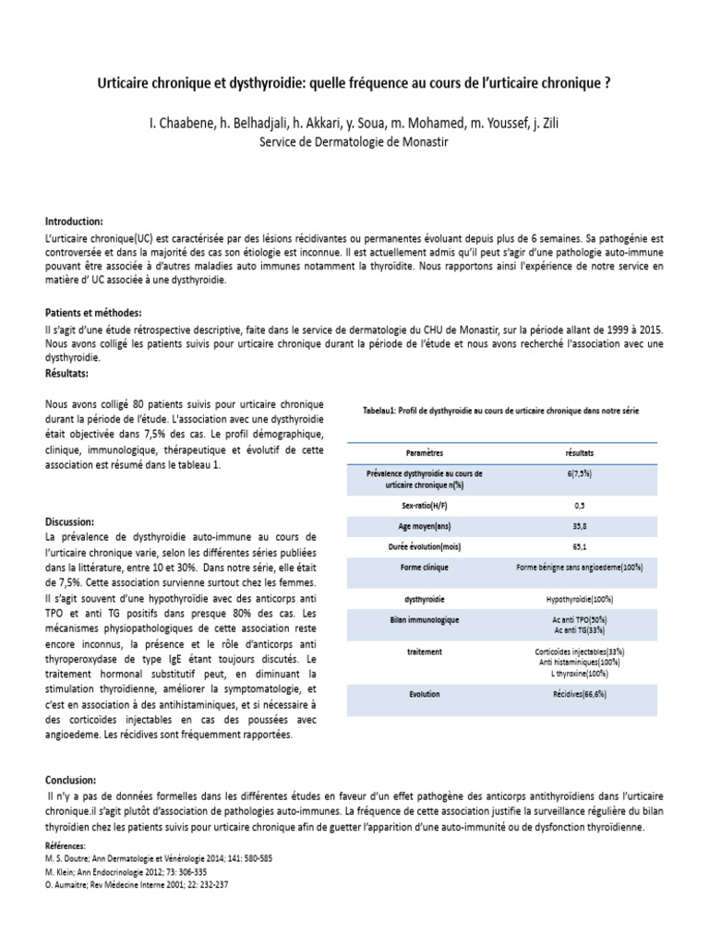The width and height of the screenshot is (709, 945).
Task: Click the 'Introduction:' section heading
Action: [75, 222]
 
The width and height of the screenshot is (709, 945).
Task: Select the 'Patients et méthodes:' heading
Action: [93, 313]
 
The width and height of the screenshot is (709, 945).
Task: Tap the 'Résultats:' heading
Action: [67, 373]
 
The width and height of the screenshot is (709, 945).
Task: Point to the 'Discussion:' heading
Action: [70, 521]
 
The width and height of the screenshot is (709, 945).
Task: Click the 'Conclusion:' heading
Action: [70, 780]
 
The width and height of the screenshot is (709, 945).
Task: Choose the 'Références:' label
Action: [66, 845]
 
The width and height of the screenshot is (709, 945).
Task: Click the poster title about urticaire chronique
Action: [354, 83]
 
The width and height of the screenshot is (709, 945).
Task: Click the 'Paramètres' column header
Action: [424, 454]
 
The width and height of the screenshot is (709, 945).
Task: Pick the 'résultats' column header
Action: [579, 454]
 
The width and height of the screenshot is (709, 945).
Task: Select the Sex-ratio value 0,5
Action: [579, 506]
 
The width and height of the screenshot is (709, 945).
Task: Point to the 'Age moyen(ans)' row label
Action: [424, 526]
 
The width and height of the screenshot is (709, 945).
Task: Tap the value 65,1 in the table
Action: [579, 546]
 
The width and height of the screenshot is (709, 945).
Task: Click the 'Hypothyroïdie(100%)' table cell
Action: [579, 599]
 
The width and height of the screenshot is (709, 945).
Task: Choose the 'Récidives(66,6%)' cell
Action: [579, 693]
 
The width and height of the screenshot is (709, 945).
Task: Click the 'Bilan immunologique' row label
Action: [424, 618]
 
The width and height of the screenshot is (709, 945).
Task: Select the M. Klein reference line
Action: [126, 870]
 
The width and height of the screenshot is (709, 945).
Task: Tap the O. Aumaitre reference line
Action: [137, 883]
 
